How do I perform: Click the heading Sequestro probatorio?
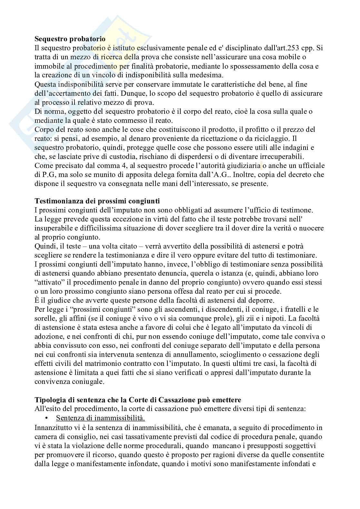70,39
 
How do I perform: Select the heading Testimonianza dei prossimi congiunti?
97,201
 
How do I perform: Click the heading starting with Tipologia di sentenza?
138,400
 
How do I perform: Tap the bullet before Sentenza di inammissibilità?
47,418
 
